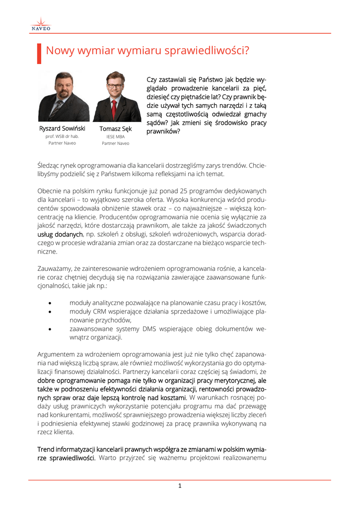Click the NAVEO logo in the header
[41, 24]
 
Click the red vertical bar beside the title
[39, 53]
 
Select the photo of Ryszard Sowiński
[64, 96]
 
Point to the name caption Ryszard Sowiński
[62, 128]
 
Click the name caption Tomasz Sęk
[116, 129]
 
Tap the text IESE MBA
[116, 136]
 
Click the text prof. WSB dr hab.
[62, 136]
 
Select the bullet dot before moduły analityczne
[51, 303]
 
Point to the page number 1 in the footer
[180, 486]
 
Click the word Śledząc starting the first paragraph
[50, 165]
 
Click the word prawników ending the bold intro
[163, 131]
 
